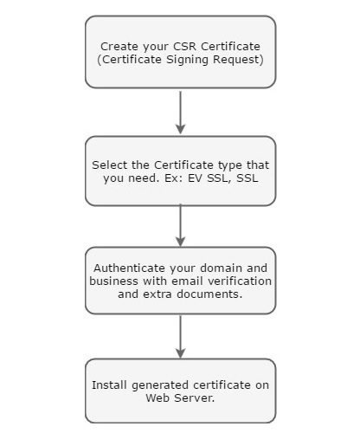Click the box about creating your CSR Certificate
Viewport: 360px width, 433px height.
180,52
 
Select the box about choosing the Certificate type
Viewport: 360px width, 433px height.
180,171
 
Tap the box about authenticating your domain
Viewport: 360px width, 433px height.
180,281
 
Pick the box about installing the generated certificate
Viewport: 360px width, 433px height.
180,391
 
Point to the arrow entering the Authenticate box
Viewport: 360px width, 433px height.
180,226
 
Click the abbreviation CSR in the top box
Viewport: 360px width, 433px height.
183,46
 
